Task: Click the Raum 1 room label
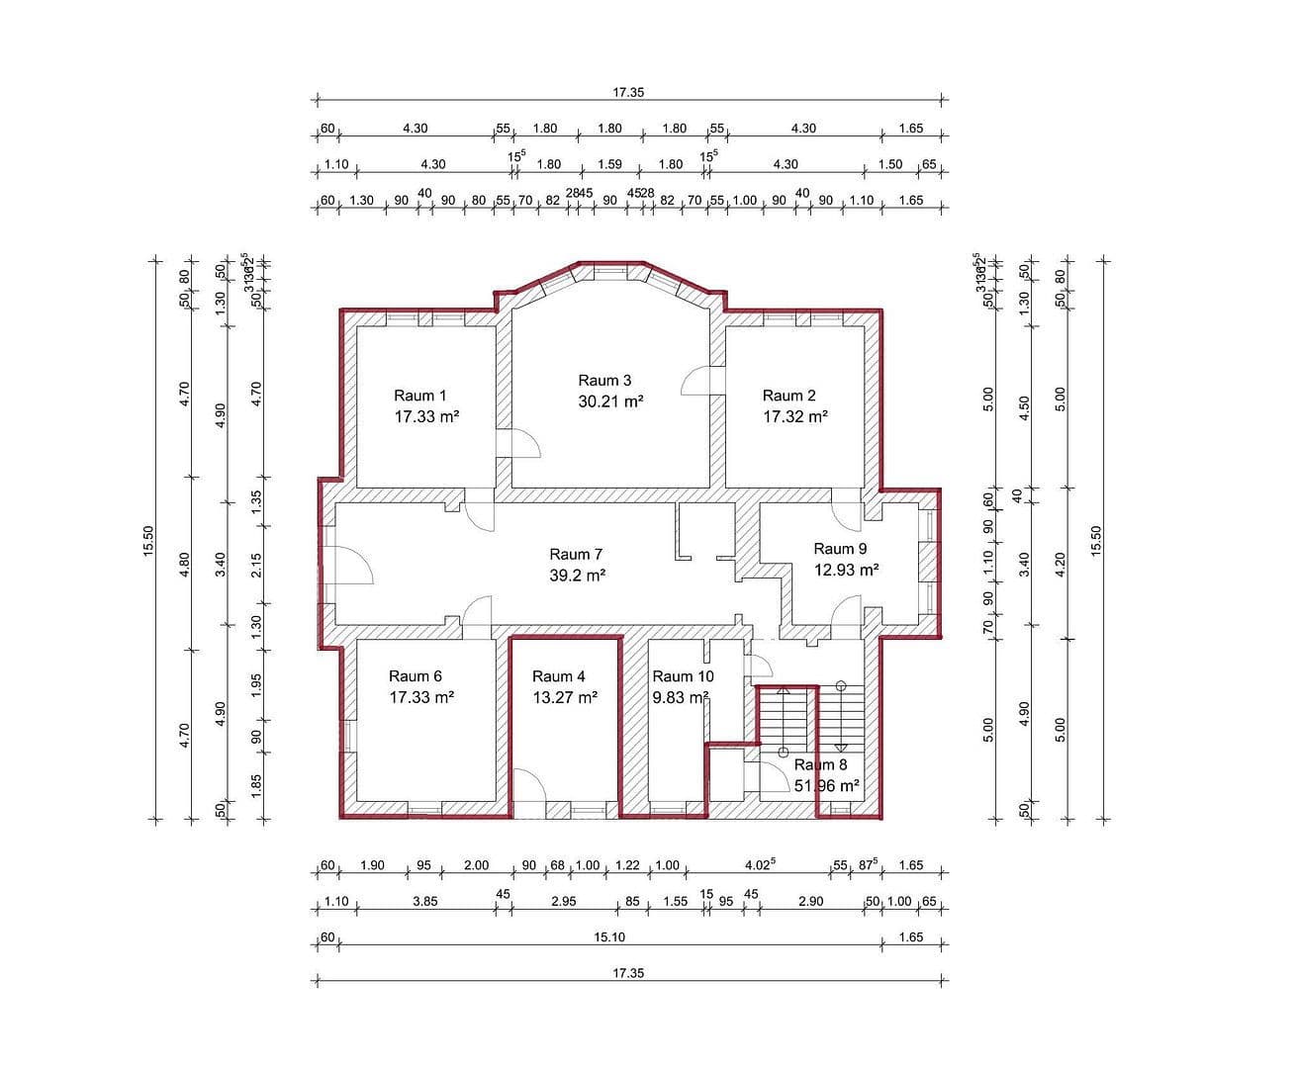click(x=419, y=396)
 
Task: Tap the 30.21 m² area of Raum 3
click(x=610, y=401)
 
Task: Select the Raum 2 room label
click(x=788, y=396)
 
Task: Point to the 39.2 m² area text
click(x=577, y=575)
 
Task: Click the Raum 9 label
click(x=840, y=548)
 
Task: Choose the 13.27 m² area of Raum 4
click(x=564, y=697)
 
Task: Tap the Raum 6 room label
click(x=415, y=676)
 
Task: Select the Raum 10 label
click(x=682, y=676)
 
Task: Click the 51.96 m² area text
click(x=826, y=786)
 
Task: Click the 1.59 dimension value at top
click(x=609, y=164)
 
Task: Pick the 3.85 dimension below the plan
click(x=424, y=901)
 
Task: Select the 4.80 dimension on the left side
click(x=184, y=564)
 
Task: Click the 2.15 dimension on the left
click(x=256, y=565)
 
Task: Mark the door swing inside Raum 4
click(x=531, y=786)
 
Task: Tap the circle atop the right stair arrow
click(x=841, y=685)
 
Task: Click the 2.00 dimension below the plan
click(x=476, y=865)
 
